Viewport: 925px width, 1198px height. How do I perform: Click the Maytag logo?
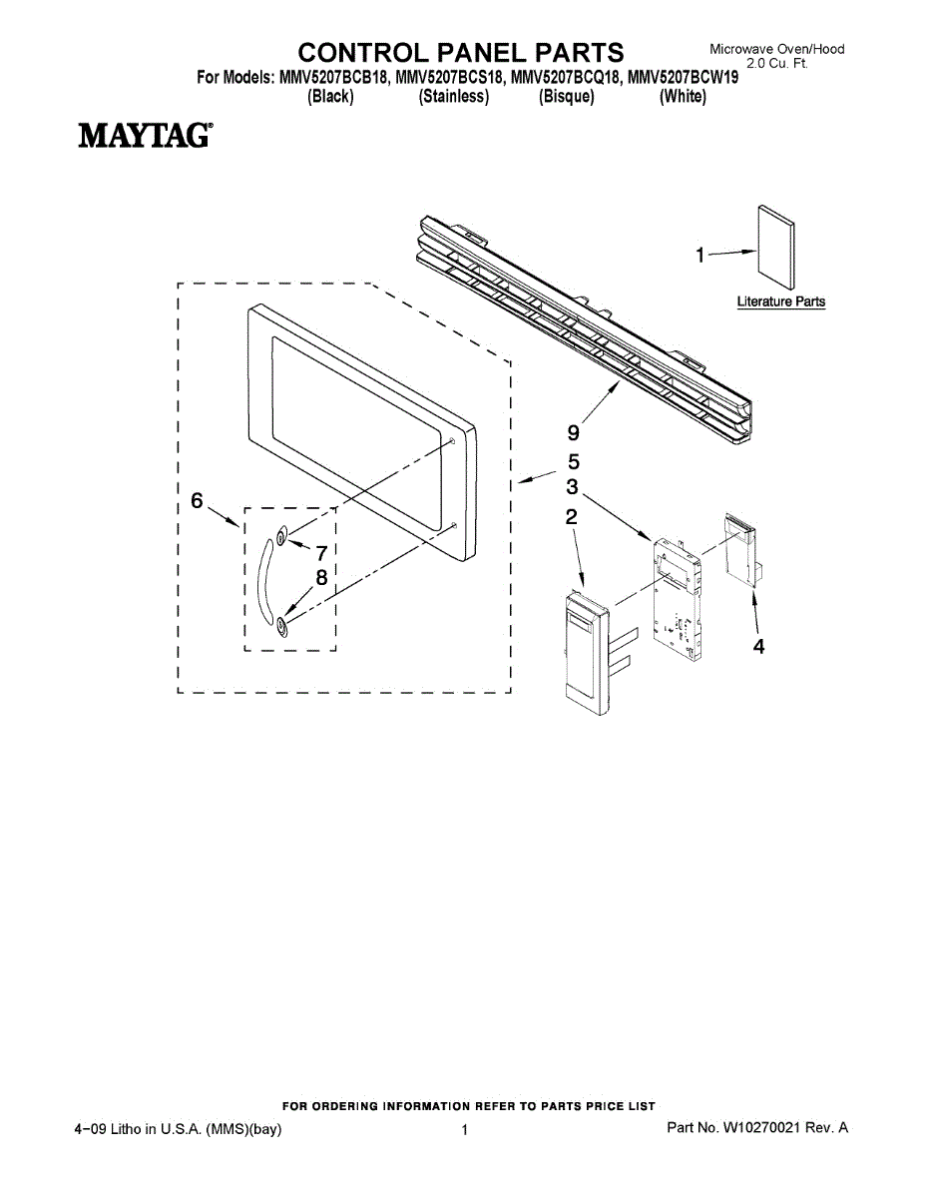pos(145,135)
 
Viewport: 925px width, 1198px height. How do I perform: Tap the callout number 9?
pos(573,432)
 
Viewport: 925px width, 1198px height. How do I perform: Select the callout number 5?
pos(573,462)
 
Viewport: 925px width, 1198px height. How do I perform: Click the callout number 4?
pos(758,647)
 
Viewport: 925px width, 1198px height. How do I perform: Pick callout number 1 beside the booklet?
pos(700,256)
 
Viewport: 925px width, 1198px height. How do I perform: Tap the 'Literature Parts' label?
pos(780,301)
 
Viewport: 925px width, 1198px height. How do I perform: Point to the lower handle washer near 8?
pos(282,625)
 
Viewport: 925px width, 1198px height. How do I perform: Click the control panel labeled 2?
pos(587,654)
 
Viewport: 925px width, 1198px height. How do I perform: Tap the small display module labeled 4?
pos(740,549)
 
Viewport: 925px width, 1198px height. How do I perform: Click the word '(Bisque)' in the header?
pos(566,97)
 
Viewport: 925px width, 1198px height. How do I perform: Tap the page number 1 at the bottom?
pos(465,1130)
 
